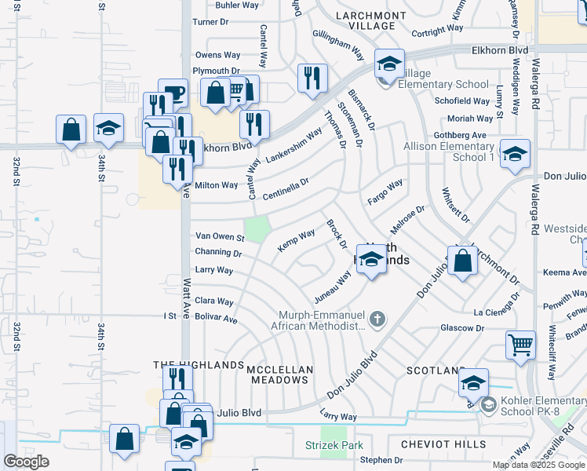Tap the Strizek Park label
pos(334,445)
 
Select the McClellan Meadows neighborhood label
pos(280,374)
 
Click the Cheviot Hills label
pos(443,444)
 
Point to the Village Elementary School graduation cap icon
pos(388,65)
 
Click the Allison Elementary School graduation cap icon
pos(515,155)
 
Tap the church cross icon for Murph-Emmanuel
pos(377,319)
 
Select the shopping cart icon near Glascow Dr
pos(521,344)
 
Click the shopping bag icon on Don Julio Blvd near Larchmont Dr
pos(463,259)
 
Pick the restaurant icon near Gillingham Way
pos(312,77)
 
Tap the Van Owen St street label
pos(221,236)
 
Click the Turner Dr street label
pos(210,22)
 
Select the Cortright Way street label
pos(438,32)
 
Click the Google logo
pos(27,462)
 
